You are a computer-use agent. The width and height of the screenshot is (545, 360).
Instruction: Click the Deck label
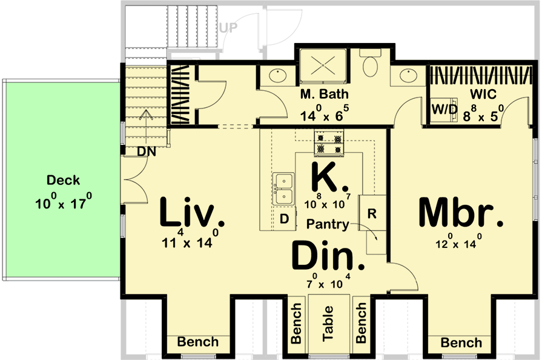tap(63, 180)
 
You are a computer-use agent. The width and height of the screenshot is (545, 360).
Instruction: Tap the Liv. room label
tap(188, 213)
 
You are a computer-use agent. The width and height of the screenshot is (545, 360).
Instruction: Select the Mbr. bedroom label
tap(461, 213)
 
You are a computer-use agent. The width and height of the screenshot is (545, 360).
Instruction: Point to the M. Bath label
tap(321, 95)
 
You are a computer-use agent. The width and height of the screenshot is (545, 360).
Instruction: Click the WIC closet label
tap(483, 95)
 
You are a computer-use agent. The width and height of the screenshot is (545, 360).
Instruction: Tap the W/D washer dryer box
tap(444, 110)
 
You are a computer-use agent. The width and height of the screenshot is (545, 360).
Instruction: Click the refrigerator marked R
tap(372, 213)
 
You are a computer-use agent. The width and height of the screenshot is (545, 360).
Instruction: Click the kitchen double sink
tap(283, 188)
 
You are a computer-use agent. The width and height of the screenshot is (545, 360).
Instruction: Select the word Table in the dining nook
tap(328, 328)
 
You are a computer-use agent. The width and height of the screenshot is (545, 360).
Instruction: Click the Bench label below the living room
tap(197, 342)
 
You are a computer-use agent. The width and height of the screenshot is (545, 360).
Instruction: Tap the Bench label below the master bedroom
tap(461, 343)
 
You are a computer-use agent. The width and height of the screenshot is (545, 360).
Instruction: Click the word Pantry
tap(328, 224)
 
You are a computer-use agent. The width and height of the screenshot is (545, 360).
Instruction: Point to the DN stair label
tap(146, 152)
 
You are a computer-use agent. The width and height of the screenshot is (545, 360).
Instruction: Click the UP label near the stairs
tap(228, 28)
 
